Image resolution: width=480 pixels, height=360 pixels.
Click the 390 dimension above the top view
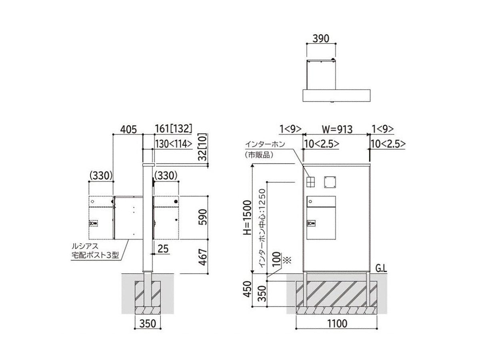[x=321, y=39]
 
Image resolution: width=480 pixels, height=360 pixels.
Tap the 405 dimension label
[x=128, y=129]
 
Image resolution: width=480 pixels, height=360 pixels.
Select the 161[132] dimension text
[x=174, y=129]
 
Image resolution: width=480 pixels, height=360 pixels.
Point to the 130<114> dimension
[x=174, y=144]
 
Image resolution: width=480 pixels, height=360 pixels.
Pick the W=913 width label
[x=337, y=129]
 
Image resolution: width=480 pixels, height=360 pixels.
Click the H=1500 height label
[x=248, y=218]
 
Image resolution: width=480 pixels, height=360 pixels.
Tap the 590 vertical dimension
[x=203, y=217]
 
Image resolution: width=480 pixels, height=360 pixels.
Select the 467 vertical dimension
[x=203, y=257]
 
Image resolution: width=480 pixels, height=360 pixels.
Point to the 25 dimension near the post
[x=163, y=249]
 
